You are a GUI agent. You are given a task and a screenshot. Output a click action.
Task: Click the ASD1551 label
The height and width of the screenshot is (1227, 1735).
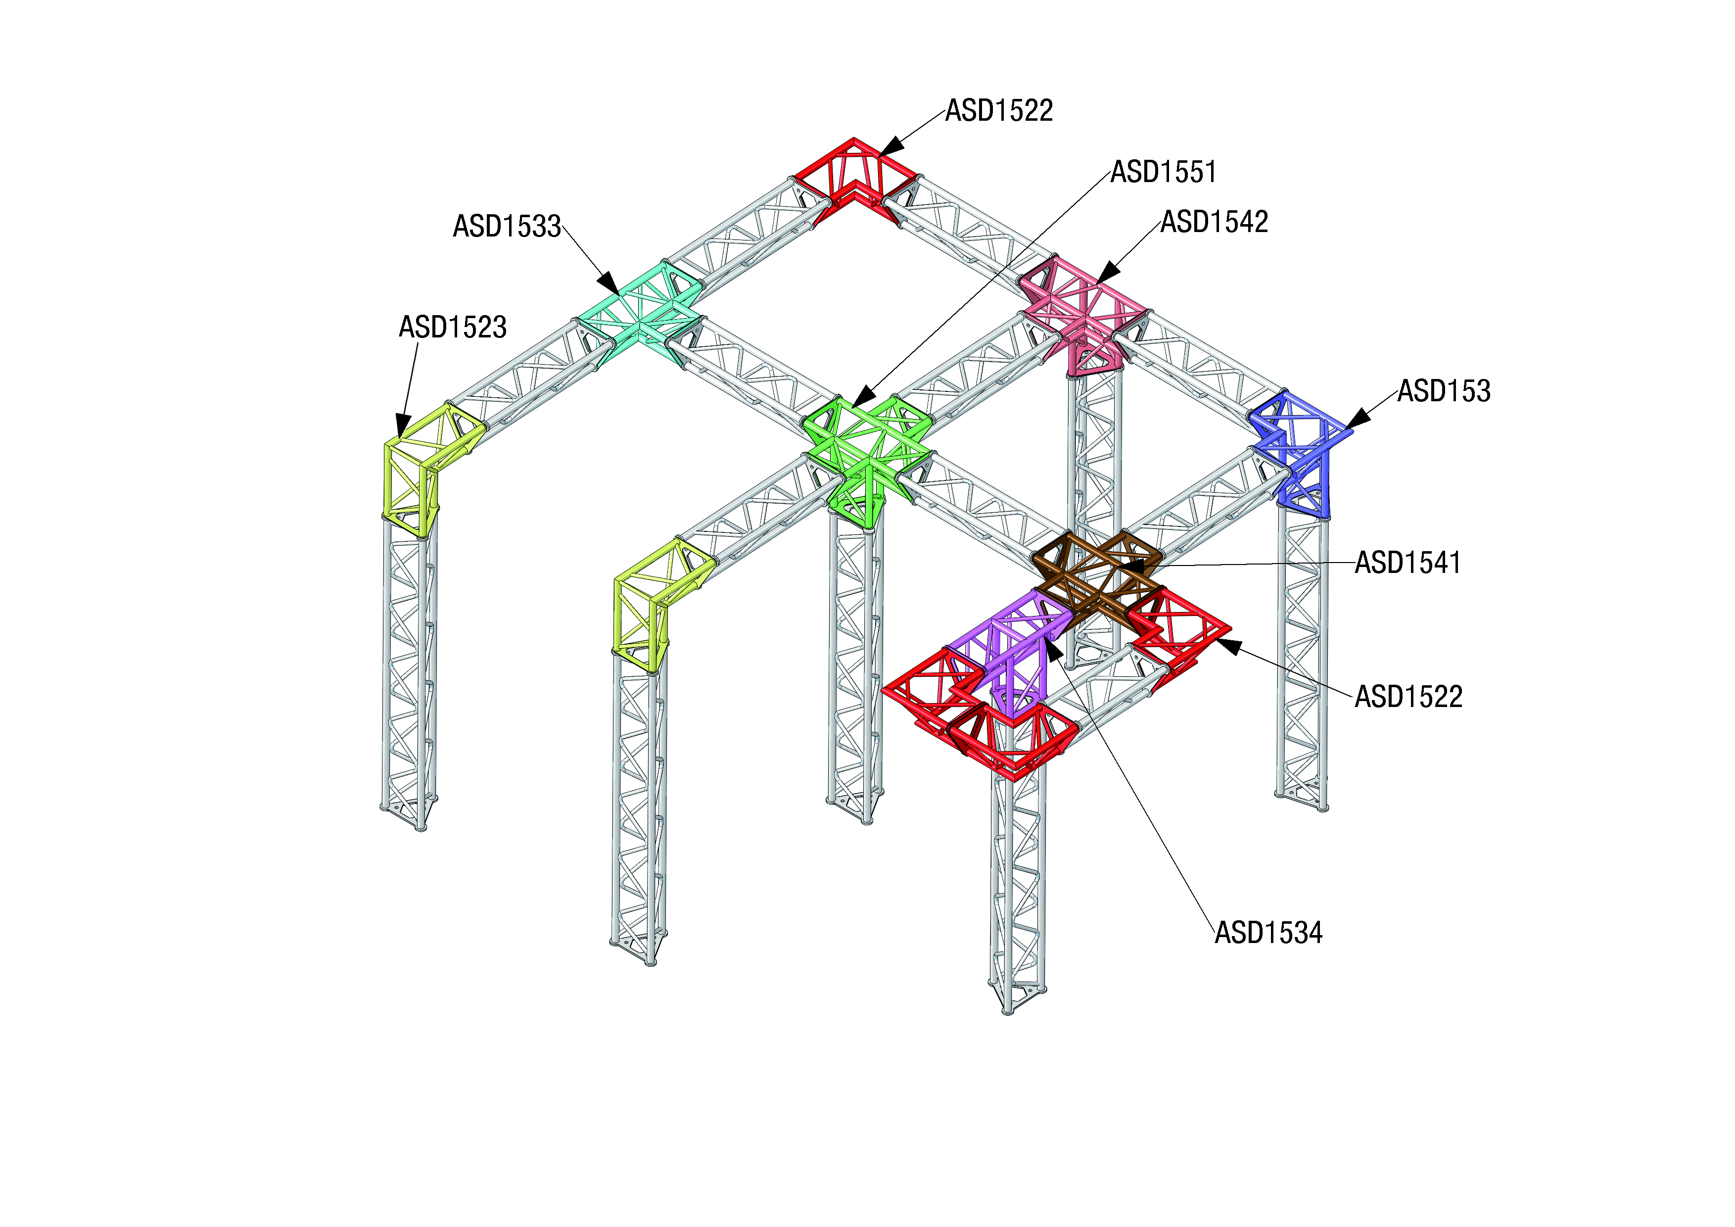1163,172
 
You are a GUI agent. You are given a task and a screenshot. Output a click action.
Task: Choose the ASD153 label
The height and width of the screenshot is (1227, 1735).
1443,391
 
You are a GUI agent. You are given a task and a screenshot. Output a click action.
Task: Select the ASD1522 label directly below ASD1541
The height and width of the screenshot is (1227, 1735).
1408,697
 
